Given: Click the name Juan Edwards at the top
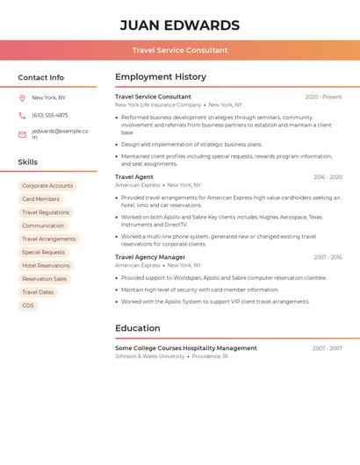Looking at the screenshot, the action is (180, 25).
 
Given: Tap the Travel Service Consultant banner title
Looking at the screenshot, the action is (180, 50).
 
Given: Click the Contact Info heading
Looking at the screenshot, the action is (41, 77).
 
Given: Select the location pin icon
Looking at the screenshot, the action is (22, 97).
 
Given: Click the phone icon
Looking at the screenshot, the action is (22, 115).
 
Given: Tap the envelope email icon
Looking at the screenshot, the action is (22, 134).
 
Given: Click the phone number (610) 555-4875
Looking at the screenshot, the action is (50, 115).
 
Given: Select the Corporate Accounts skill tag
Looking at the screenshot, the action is (47, 186).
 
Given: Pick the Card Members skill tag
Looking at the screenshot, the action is (40, 199).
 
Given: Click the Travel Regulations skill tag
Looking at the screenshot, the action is (46, 212).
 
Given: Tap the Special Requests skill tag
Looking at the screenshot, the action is (43, 252).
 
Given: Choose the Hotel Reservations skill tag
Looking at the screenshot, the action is (46, 265).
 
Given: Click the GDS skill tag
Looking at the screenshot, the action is (28, 305).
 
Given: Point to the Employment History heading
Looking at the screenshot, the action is (161, 77).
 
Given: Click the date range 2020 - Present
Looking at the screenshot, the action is (323, 97).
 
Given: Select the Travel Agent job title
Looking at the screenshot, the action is (134, 177).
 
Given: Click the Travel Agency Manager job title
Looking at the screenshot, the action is (150, 257).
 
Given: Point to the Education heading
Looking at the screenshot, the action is (138, 328).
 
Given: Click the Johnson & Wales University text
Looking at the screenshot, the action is (150, 356).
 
